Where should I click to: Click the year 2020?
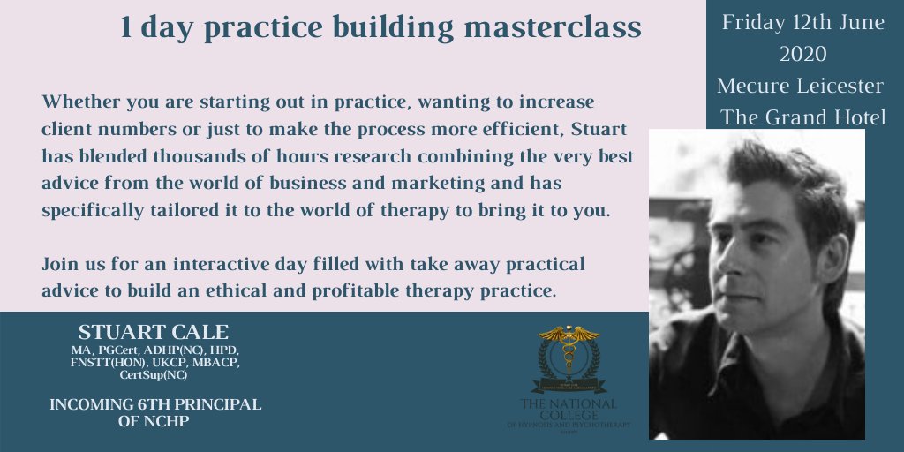pos(802,54)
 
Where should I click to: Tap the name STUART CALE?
pos(153,333)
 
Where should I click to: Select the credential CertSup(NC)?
pos(154,375)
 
